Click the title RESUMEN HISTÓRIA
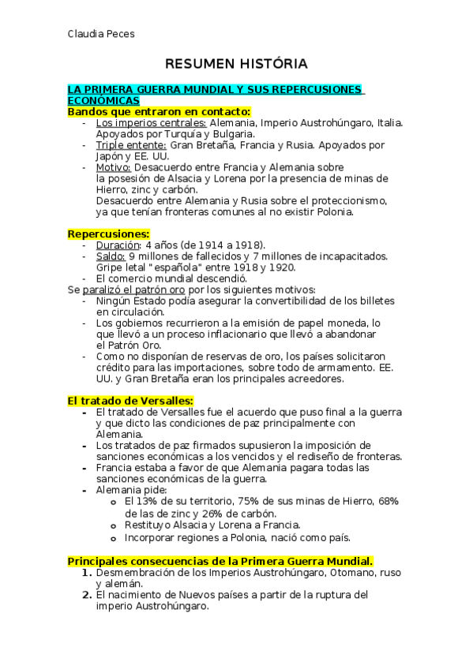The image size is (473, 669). tap(236, 63)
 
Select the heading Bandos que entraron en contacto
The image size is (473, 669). tap(158, 112)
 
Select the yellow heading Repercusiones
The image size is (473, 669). tap(108, 234)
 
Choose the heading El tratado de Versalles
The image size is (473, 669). tap(130, 401)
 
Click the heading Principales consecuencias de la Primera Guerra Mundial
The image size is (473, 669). tap(220, 560)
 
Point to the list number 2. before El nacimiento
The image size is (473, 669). tap(88, 595)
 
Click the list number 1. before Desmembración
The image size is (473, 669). tap(88, 571)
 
